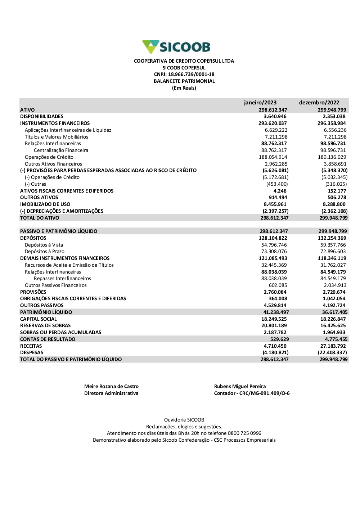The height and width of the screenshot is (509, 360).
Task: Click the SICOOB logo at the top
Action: [176, 47]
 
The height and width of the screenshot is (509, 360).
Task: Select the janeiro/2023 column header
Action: [260, 103]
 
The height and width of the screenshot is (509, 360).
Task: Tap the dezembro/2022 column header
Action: [319, 103]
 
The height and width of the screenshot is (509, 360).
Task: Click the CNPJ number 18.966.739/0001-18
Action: [191, 75]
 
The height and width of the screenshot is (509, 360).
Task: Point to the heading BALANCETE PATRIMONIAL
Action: [184, 81]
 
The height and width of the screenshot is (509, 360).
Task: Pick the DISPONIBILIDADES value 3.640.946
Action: [275, 117]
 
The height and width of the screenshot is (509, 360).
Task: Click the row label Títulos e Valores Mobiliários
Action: [57, 137]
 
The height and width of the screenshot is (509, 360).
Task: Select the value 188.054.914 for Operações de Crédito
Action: [273, 157]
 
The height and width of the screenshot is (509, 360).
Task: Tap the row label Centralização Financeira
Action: [61, 150]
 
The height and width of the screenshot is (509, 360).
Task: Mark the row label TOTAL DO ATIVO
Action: [40, 218]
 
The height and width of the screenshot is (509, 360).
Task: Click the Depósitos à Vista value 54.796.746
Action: [274, 245]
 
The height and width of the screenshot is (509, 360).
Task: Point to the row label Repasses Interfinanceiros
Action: [62, 279]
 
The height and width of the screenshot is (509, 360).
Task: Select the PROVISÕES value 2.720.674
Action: [334, 292]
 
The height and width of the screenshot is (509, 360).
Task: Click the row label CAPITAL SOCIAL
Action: [39, 319]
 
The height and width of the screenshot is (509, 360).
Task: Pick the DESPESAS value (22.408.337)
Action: [332, 353]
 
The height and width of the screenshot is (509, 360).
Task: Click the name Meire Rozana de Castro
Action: [111, 387]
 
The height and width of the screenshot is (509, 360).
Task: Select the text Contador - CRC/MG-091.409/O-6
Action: [252, 393]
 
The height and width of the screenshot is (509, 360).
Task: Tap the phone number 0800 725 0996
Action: [244, 433]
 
